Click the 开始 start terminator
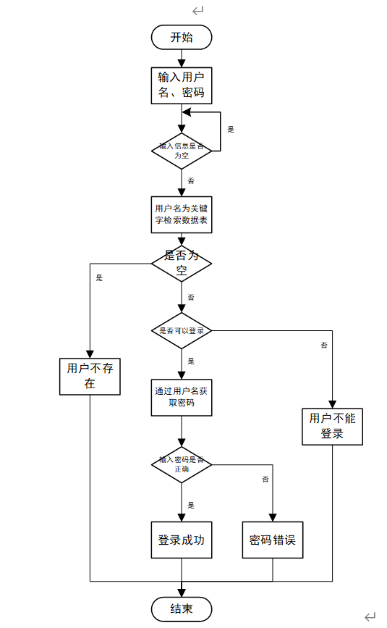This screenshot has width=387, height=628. pyautogui.click(x=182, y=38)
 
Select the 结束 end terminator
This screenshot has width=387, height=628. pyautogui.click(x=182, y=608)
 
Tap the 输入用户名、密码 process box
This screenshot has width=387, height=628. pyautogui.click(x=182, y=85)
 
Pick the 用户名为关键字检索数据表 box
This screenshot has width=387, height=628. pyautogui.click(x=182, y=214)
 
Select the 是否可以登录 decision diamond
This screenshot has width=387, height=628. pyautogui.click(x=182, y=331)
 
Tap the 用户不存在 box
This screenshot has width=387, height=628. pyautogui.click(x=90, y=376)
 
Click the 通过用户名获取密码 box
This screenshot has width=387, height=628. pyautogui.click(x=182, y=397)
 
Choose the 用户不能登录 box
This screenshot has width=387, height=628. pyautogui.click(x=332, y=427)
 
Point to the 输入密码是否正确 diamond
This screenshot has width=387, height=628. pyautogui.click(x=182, y=464)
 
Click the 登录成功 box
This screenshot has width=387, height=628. pyautogui.click(x=182, y=540)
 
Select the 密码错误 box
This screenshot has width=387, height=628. pyautogui.click(x=273, y=540)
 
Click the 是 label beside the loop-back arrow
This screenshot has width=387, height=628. pyautogui.click(x=231, y=130)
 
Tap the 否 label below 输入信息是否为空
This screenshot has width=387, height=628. pyautogui.click(x=191, y=180)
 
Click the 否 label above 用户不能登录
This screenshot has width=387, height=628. pyautogui.click(x=323, y=346)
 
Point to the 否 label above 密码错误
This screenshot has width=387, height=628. pyautogui.click(x=265, y=480)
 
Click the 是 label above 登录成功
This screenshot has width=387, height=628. pyautogui.click(x=191, y=505)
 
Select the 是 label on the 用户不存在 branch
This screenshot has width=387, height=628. pyautogui.click(x=99, y=278)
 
